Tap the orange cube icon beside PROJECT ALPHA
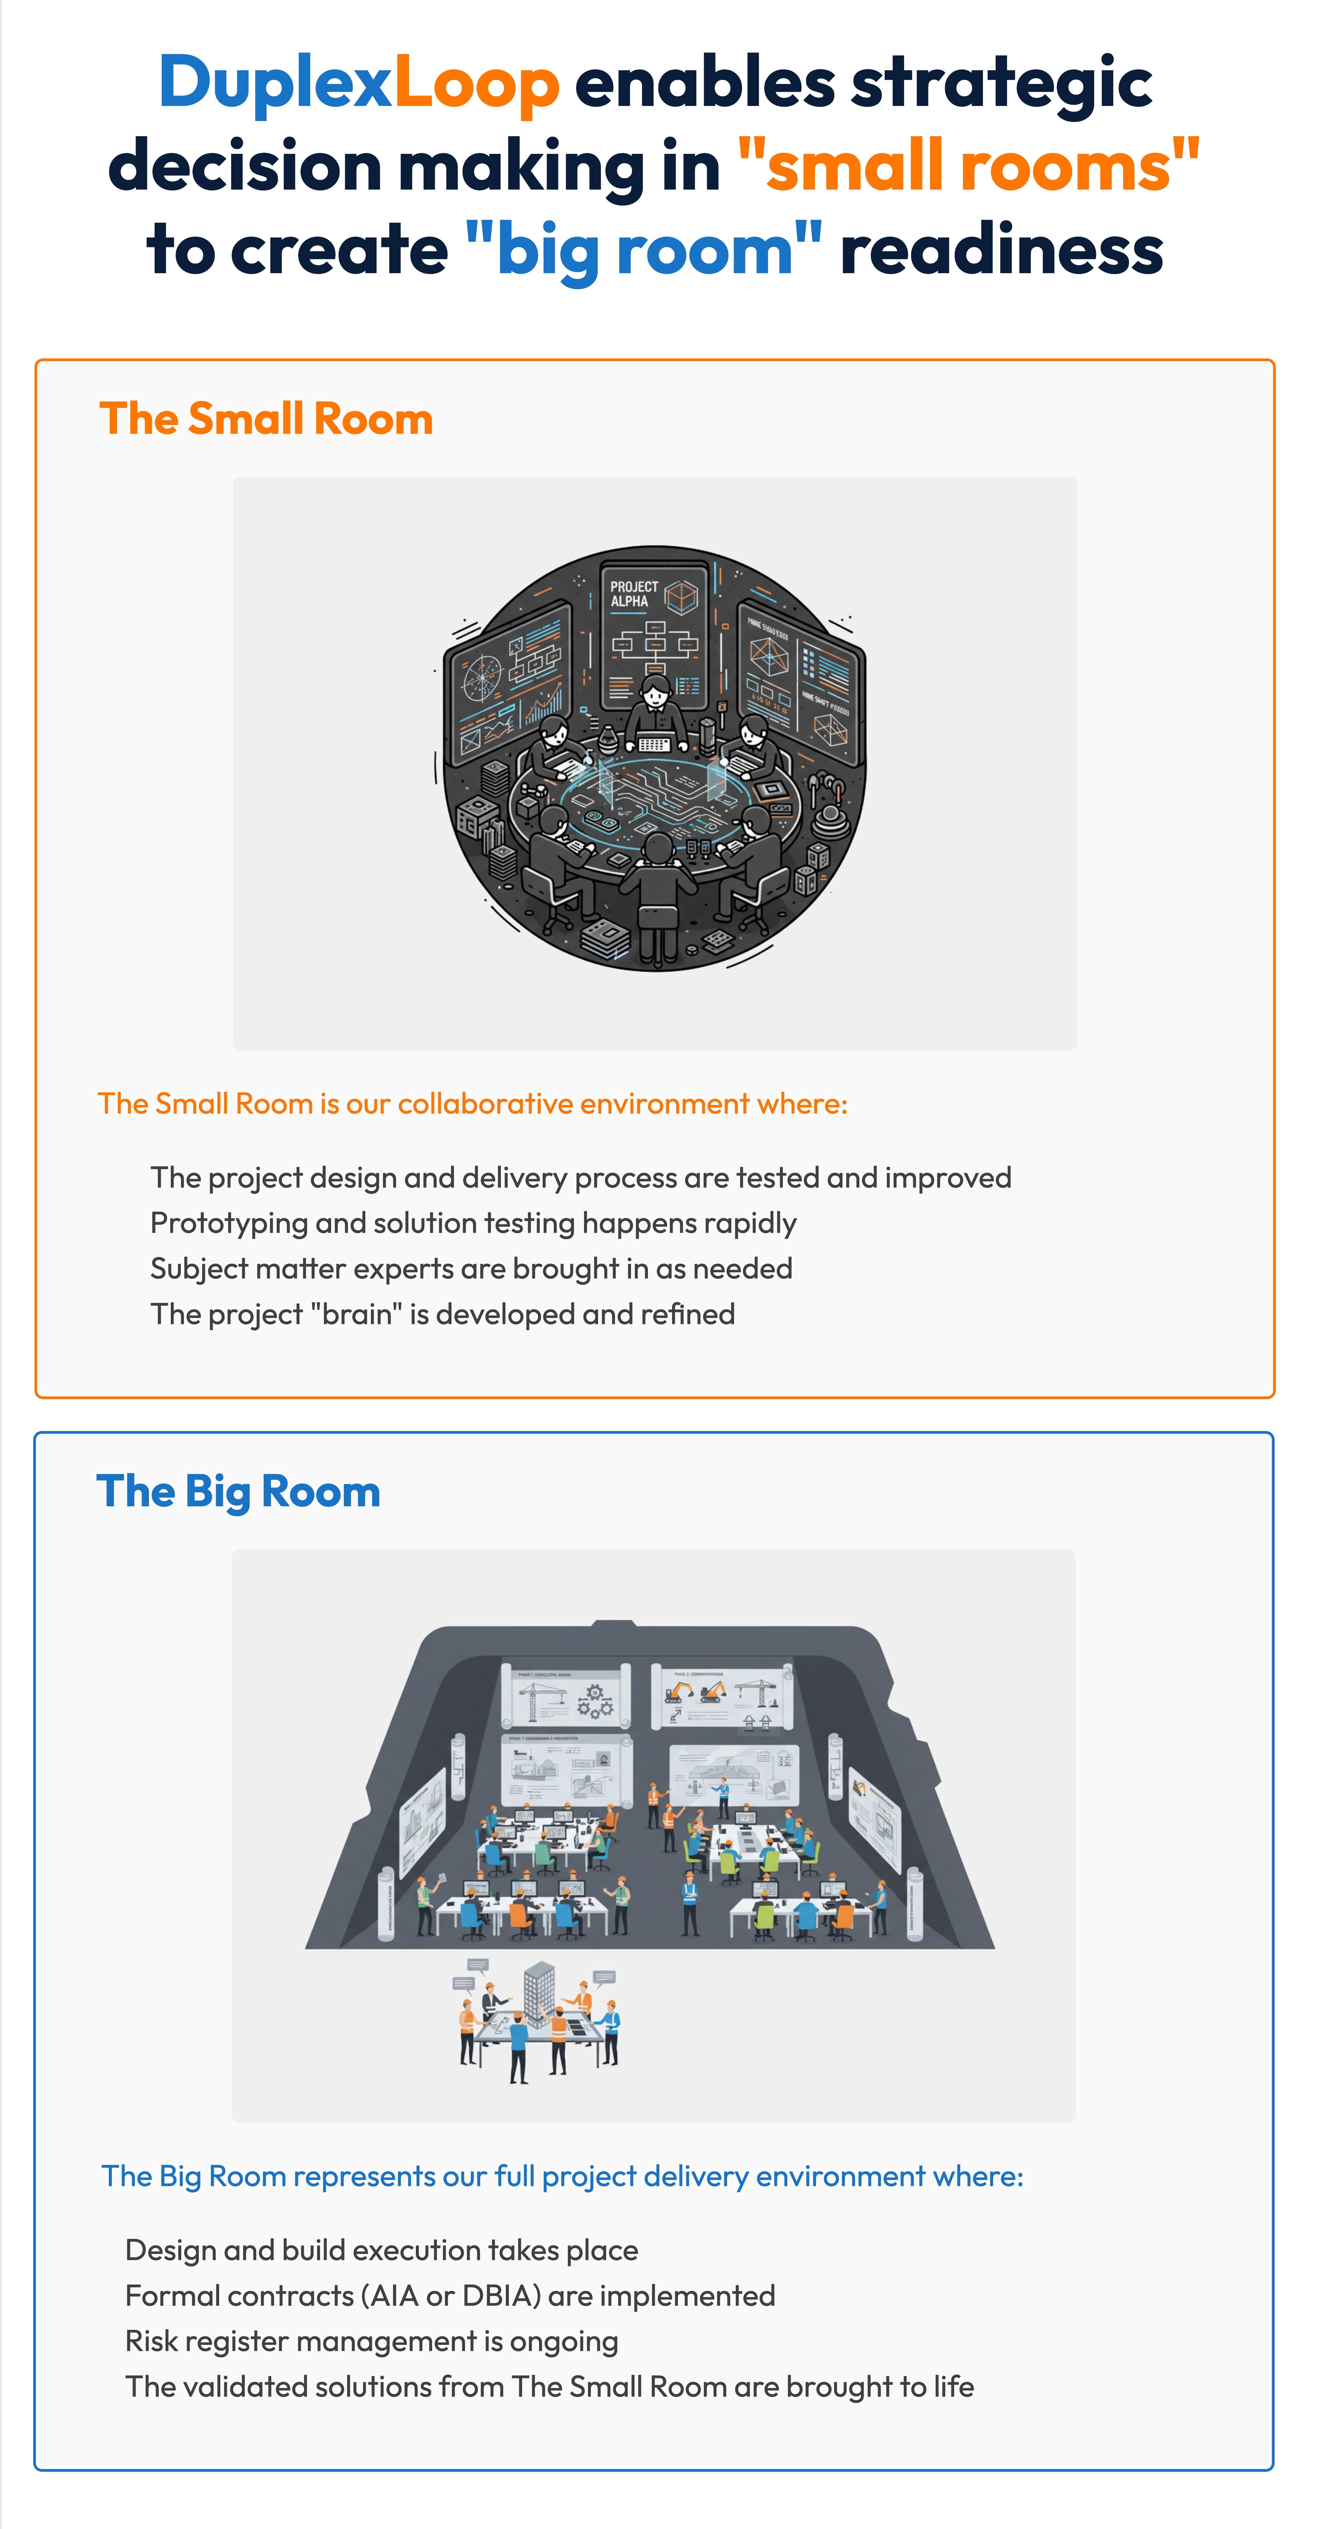680,595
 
